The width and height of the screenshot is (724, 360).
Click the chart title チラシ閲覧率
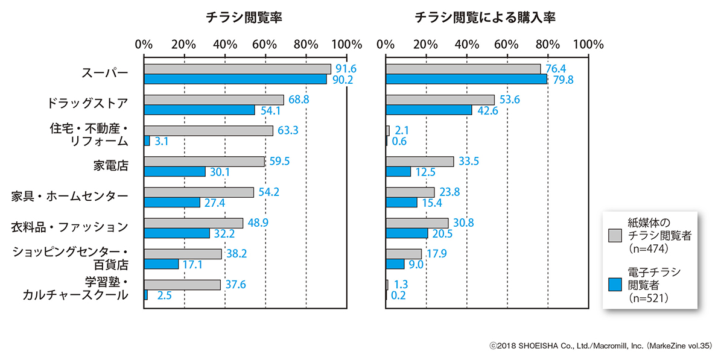pos(244,18)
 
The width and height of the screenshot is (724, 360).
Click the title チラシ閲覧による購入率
pos(485,18)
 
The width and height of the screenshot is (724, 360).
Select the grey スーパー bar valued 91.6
pos(237,69)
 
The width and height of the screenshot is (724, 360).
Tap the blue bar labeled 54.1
pos(199,110)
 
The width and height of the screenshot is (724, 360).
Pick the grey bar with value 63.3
pos(208,130)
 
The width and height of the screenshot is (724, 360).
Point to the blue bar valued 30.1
pos(174,171)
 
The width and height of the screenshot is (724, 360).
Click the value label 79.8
pos(562,79)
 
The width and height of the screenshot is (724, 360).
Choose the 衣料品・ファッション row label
pos(70,227)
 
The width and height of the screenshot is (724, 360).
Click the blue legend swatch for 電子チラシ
pos(615,283)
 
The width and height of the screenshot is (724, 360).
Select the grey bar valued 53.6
pos(440,99)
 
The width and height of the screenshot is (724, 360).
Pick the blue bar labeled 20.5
pos(407,233)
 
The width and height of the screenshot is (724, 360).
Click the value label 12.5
pos(426,171)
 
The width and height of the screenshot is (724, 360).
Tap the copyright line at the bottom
pos(601,345)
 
